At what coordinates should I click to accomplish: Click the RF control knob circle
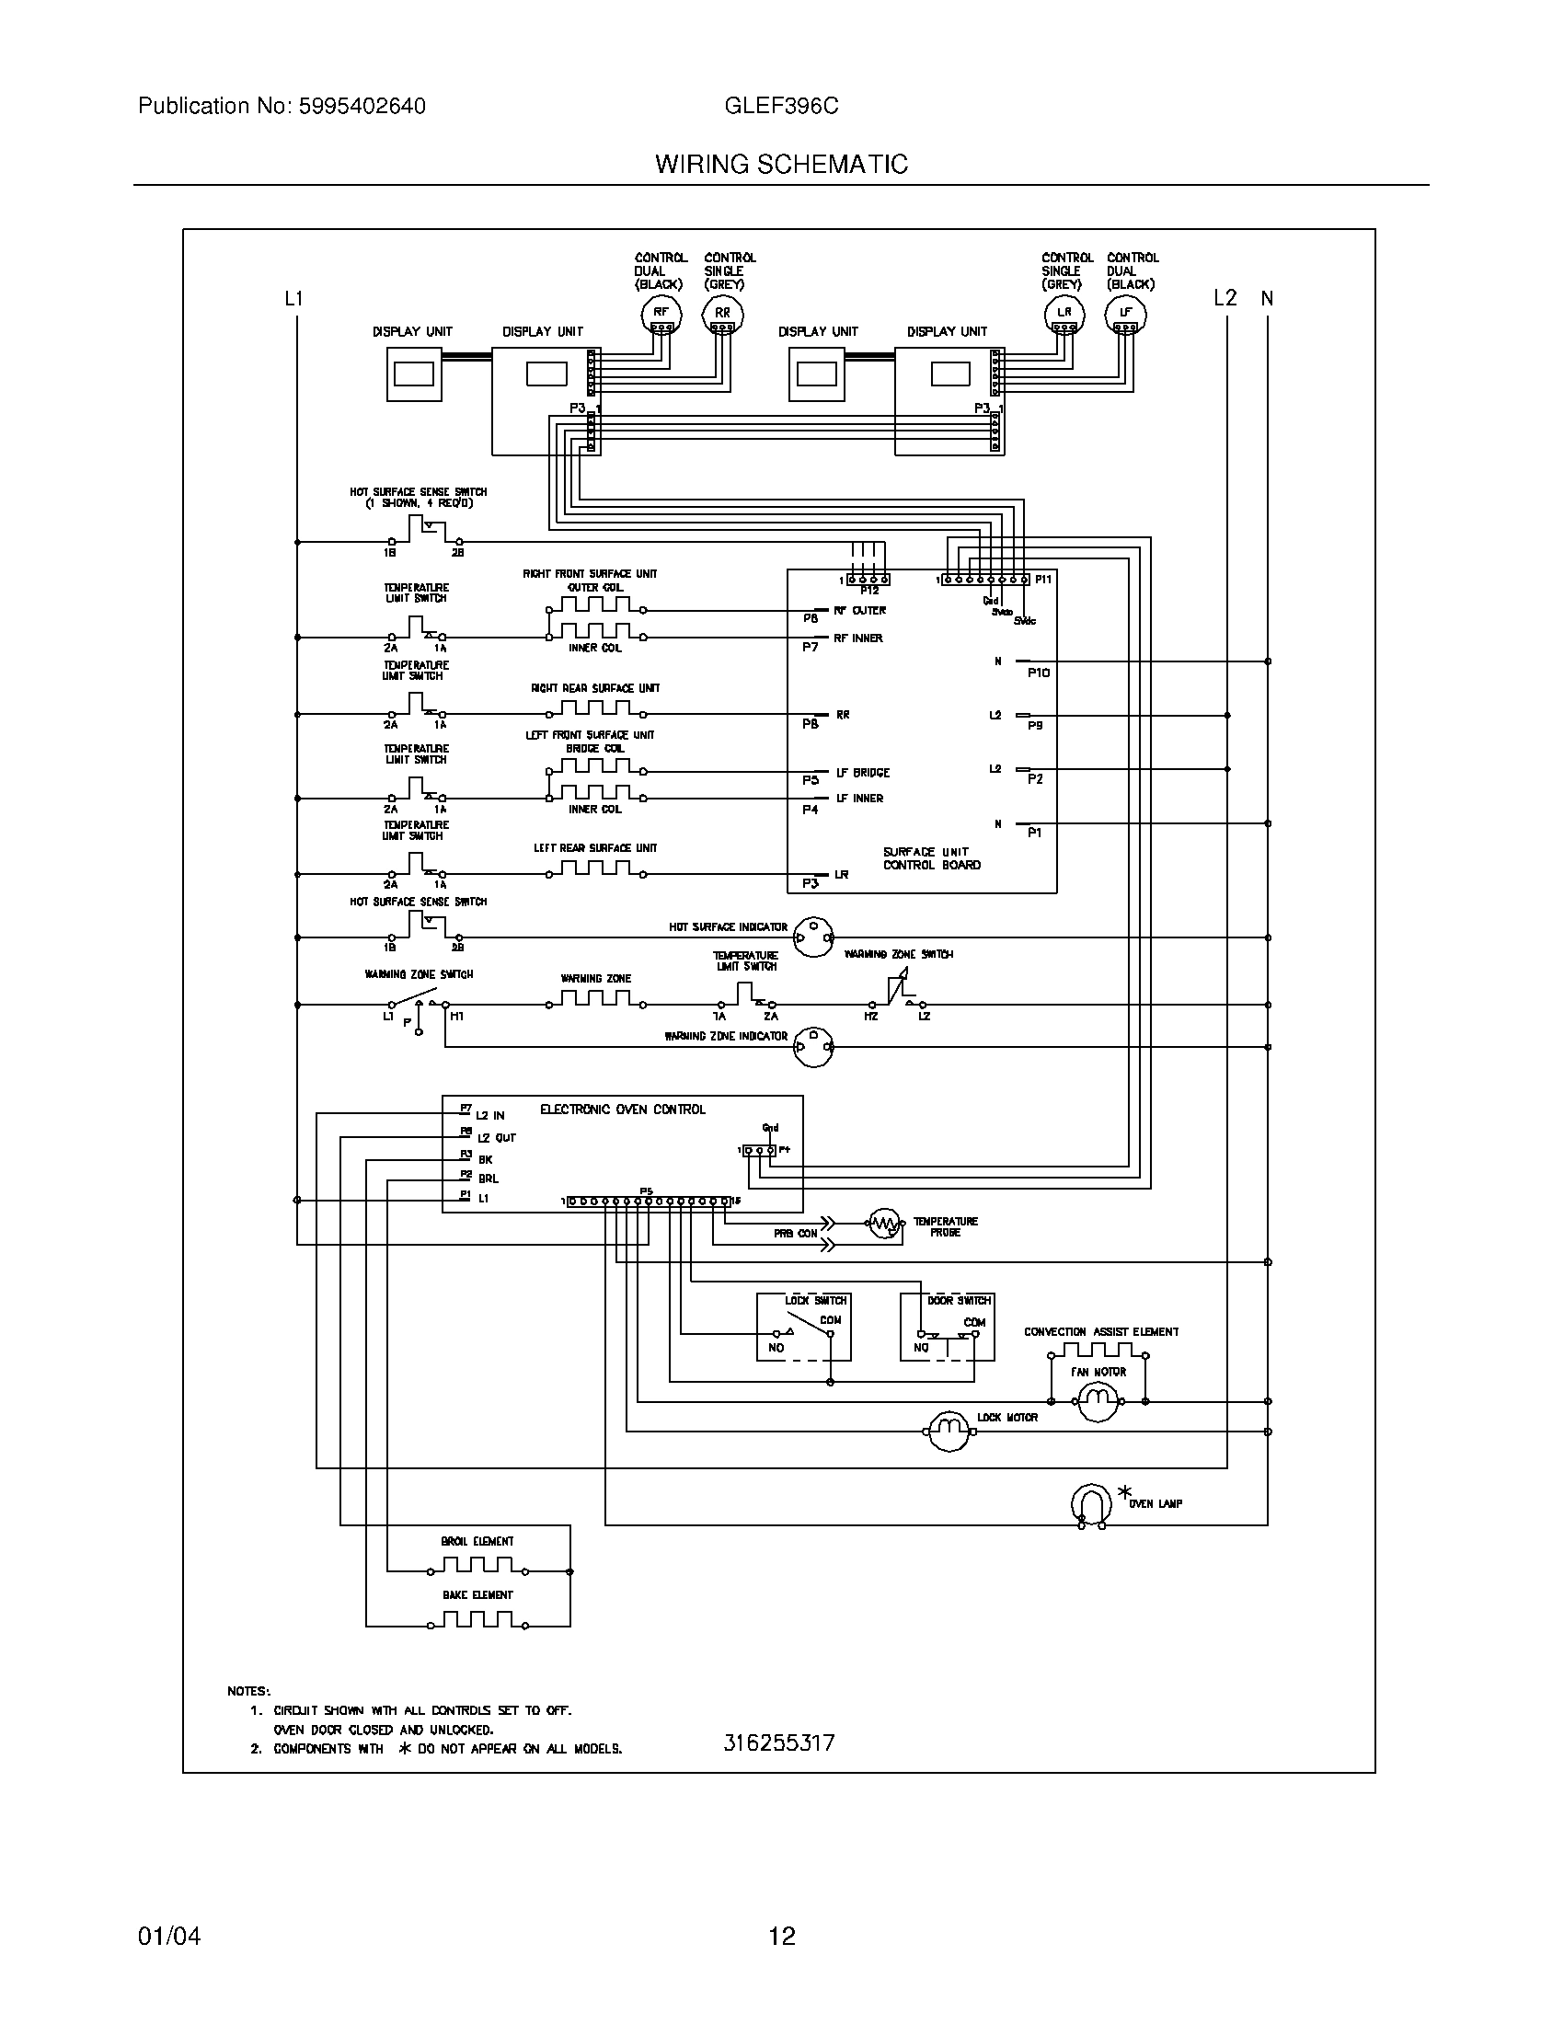pyautogui.click(x=661, y=315)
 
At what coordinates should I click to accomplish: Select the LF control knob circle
pyautogui.click(x=1126, y=315)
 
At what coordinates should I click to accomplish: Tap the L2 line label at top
pyautogui.click(x=1225, y=297)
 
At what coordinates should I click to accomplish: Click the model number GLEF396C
pyautogui.click(x=781, y=107)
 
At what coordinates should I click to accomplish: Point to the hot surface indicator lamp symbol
pyautogui.click(x=813, y=937)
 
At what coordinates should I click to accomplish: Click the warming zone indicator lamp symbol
pyautogui.click(x=813, y=1046)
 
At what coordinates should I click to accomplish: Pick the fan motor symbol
pyautogui.click(x=1098, y=1401)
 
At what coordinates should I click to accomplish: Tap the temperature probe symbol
pyautogui.click(x=885, y=1225)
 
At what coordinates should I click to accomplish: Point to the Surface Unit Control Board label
pyautogui.click(x=931, y=858)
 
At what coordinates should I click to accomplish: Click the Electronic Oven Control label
pyautogui.click(x=623, y=1110)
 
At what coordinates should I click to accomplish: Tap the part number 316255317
pyautogui.click(x=779, y=1742)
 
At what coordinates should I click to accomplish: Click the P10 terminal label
pyautogui.click(x=1039, y=673)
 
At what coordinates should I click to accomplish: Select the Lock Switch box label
pyautogui.click(x=816, y=1300)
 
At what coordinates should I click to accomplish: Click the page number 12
pyautogui.click(x=782, y=1935)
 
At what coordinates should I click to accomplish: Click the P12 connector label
pyautogui.click(x=869, y=591)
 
